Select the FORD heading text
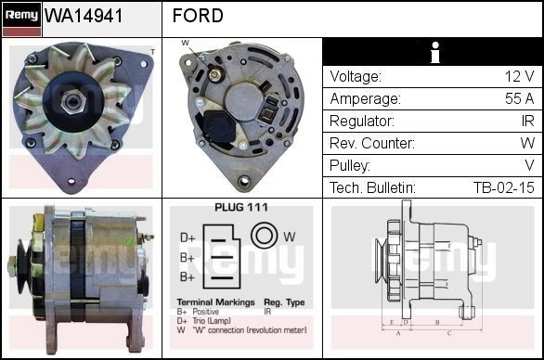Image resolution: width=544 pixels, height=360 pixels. tap(198, 16)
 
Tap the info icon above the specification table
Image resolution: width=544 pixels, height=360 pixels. tap(433, 53)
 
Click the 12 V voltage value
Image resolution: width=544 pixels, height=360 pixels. tap(518, 76)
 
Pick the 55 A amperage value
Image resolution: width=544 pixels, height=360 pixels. tap(517, 98)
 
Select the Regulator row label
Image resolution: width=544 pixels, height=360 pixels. tap(362, 121)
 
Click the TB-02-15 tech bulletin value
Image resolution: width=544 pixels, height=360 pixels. tap(503, 187)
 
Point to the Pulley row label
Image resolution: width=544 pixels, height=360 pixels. tap(350, 165)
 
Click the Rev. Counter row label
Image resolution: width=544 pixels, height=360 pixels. tap(371, 143)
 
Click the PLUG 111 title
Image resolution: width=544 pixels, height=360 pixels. tap(240, 208)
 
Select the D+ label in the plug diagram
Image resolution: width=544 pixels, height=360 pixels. tap(187, 238)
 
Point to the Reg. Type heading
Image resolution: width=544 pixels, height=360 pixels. tap(284, 302)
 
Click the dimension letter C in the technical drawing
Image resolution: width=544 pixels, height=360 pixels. tap(449, 331)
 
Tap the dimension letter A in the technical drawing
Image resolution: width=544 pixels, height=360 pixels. tap(398, 331)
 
